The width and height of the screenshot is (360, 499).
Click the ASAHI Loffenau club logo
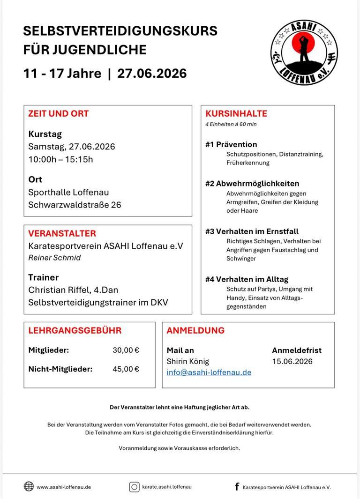click(x=304, y=52)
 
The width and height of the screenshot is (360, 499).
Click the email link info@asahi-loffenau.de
click(x=209, y=372)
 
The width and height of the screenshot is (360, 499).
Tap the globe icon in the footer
click(x=29, y=486)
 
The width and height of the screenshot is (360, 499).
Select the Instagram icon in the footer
click(x=135, y=487)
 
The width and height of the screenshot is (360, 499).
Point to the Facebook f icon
click(x=237, y=487)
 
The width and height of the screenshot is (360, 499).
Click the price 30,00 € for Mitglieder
click(x=126, y=350)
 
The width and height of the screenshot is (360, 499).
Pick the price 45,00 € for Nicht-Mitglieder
click(x=126, y=369)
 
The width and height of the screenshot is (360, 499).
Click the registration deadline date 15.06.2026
click(x=292, y=361)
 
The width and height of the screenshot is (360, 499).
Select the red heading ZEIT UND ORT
click(x=58, y=113)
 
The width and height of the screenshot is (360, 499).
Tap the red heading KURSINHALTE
click(x=236, y=113)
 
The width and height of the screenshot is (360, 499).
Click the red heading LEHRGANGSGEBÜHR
click(x=75, y=330)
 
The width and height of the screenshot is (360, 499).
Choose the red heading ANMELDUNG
click(x=195, y=330)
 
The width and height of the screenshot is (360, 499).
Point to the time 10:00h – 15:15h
click(x=60, y=159)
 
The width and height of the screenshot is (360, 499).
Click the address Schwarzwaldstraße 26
click(x=75, y=205)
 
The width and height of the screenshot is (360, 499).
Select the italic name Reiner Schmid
click(x=54, y=258)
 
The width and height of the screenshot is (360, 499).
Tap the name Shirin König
click(x=188, y=361)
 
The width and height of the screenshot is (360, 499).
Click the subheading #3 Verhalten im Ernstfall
click(x=252, y=231)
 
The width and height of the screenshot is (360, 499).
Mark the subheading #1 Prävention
click(x=231, y=144)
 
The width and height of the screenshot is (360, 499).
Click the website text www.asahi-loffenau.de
click(x=64, y=487)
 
